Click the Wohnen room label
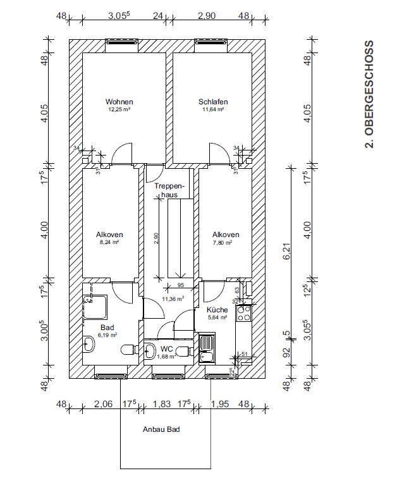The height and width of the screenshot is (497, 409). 119,102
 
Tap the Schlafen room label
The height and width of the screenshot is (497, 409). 213,102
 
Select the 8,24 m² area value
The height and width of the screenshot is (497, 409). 109,242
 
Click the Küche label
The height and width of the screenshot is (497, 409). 217,310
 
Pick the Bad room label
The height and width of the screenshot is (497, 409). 107,328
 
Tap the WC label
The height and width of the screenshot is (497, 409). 167,349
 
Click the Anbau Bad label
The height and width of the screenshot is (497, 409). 161,429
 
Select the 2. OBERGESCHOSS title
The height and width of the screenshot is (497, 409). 369,94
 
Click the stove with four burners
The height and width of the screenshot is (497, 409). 244,313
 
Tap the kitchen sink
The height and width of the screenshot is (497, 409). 207,348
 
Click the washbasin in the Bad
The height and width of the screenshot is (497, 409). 89,344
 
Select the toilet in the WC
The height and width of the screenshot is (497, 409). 185,351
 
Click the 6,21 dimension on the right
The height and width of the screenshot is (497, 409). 287,252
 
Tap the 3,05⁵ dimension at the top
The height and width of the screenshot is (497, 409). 119,16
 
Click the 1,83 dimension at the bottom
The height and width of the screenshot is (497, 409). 162,404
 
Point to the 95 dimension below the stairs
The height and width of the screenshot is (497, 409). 181,285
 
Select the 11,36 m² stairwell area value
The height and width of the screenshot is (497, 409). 173,298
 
